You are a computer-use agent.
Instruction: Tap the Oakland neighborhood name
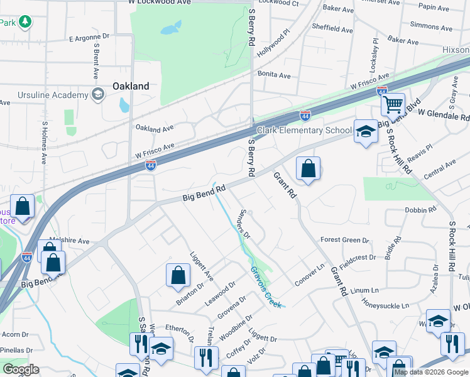[131, 86]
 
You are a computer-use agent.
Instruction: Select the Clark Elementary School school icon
[365, 131]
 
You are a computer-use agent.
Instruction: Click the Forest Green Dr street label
[344, 240]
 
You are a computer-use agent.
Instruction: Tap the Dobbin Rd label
[420, 210]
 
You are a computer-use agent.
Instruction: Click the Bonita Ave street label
[274, 75]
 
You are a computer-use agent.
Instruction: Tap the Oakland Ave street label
[155, 128]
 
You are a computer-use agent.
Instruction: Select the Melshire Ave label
[70, 241]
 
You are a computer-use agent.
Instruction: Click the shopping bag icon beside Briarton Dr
[178, 274]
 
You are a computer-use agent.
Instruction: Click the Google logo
[21, 369]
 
